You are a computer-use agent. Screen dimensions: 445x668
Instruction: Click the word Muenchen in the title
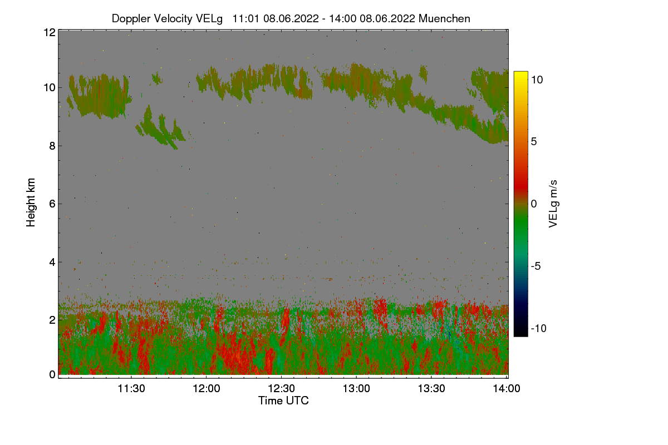click(x=444, y=18)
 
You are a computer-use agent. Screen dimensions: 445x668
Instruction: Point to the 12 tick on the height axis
click(x=49, y=32)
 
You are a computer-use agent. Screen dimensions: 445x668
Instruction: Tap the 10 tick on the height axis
click(x=49, y=87)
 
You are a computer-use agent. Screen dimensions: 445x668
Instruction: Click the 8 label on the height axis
click(x=52, y=146)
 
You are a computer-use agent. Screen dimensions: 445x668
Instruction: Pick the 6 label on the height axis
click(x=52, y=204)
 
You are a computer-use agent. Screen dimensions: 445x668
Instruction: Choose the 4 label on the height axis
click(x=52, y=261)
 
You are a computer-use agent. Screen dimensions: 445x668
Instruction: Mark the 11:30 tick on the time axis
click(x=131, y=388)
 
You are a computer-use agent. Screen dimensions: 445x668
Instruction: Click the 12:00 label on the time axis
click(x=207, y=388)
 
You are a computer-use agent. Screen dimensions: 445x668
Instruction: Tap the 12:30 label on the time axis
click(x=282, y=388)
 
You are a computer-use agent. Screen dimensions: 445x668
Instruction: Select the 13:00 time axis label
click(x=357, y=388)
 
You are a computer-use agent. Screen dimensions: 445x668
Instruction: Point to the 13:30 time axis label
click(x=432, y=388)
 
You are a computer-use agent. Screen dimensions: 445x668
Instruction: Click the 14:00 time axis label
click(x=507, y=388)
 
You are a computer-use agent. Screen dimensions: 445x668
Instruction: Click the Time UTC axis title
click(x=283, y=400)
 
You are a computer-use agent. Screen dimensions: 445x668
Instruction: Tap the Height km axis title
click(x=31, y=202)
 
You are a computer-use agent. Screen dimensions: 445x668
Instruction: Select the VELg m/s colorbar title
click(x=553, y=204)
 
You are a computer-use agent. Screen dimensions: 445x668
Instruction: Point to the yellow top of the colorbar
click(x=520, y=75)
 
